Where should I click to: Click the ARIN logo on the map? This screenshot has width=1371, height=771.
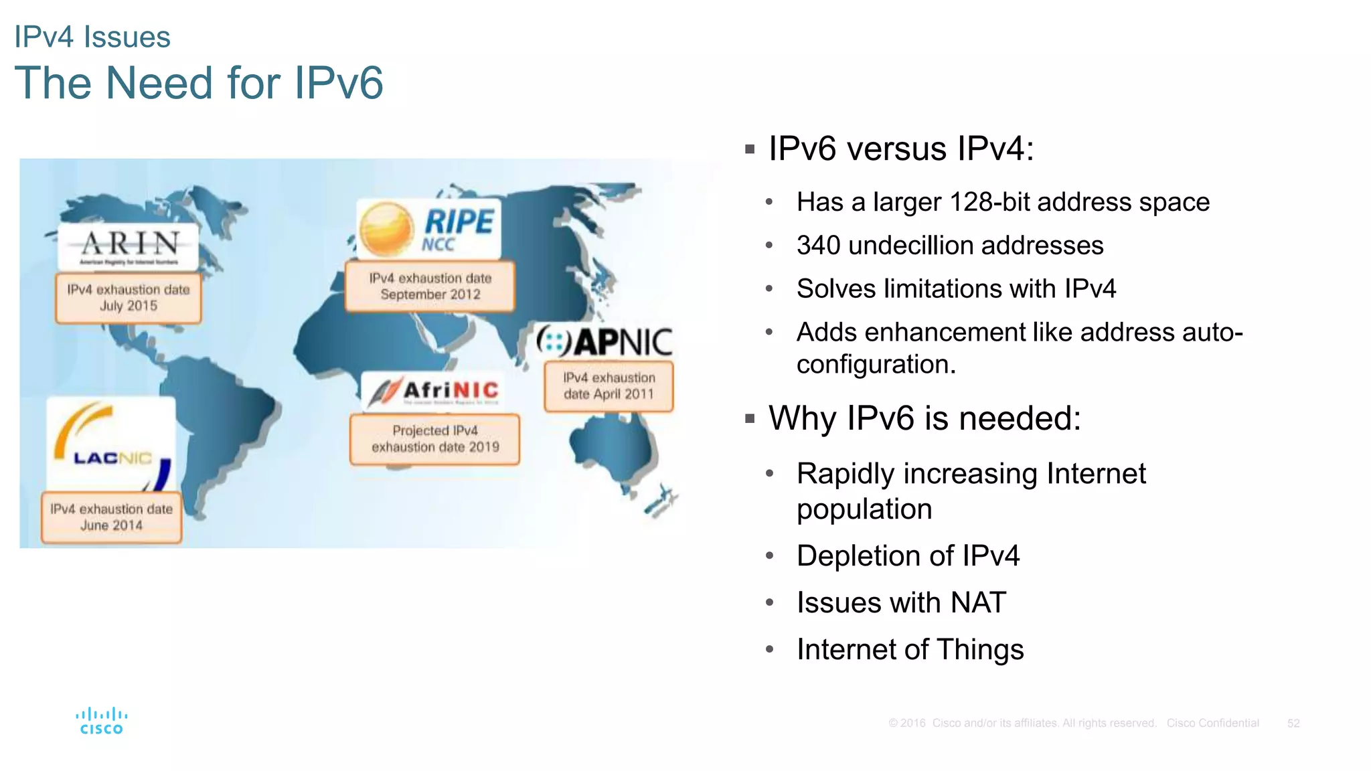[129, 246]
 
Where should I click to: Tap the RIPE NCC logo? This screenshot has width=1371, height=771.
[429, 229]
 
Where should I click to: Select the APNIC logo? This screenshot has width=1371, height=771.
[604, 342]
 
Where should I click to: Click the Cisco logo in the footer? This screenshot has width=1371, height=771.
[101, 721]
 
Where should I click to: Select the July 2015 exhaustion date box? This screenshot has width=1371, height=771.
[129, 298]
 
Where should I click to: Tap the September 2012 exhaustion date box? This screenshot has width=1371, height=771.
[430, 286]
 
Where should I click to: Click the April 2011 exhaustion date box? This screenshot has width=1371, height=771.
[609, 386]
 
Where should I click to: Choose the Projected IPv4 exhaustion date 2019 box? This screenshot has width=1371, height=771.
[435, 439]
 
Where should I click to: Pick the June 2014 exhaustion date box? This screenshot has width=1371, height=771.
[112, 517]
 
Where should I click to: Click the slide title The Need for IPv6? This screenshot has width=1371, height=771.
[199, 83]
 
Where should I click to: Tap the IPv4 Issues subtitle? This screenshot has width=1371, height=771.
[92, 37]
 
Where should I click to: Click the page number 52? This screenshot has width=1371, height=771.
[1293, 723]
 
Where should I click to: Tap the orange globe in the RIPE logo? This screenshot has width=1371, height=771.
[386, 229]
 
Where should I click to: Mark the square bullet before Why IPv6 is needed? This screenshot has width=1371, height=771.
[750, 420]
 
